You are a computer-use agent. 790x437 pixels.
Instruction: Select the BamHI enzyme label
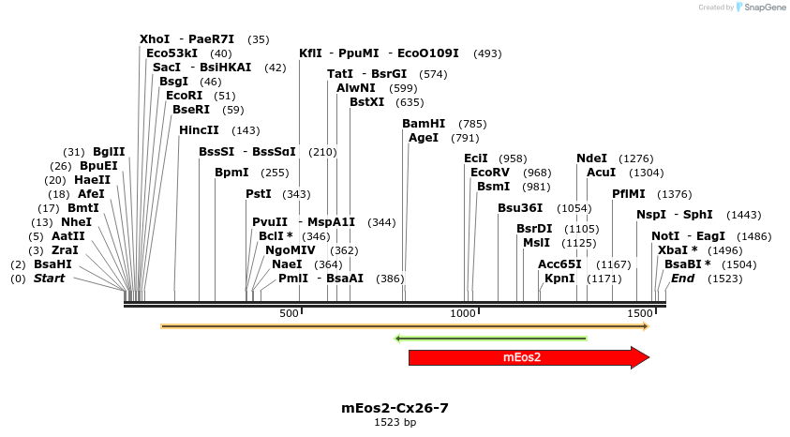pyautogui.click(x=424, y=124)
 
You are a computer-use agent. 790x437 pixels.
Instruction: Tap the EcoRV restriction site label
pyautogui.click(x=490, y=173)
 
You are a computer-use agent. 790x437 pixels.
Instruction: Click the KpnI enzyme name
pyautogui.click(x=559, y=279)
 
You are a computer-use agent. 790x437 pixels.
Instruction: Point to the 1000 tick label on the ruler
pyautogui.click(x=464, y=313)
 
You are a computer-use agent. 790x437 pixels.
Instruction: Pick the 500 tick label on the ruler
pyautogui.click(x=289, y=313)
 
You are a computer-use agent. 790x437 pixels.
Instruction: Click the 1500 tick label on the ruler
pyautogui.click(x=640, y=313)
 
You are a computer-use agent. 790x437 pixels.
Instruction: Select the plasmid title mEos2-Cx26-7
pyautogui.click(x=395, y=408)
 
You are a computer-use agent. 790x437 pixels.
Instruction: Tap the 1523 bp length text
pyautogui.click(x=395, y=423)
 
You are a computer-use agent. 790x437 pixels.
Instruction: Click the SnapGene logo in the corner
pyautogui.click(x=761, y=7)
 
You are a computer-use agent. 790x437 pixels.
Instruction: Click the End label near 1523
pyautogui.click(x=683, y=279)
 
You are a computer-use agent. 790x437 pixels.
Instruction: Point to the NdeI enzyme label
pyautogui.click(x=591, y=158)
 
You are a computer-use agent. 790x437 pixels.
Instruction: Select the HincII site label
pyautogui.click(x=199, y=130)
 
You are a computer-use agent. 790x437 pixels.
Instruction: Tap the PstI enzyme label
pyautogui.click(x=259, y=194)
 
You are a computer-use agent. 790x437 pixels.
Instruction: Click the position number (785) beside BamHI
pyautogui.click(x=472, y=124)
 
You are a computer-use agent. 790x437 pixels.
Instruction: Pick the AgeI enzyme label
pyautogui.click(x=424, y=138)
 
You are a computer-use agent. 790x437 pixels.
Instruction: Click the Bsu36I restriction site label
pyautogui.click(x=520, y=208)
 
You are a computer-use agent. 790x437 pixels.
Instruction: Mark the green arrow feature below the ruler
pyautogui.click(x=491, y=338)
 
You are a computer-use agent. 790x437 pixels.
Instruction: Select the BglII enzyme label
pyautogui.click(x=109, y=152)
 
